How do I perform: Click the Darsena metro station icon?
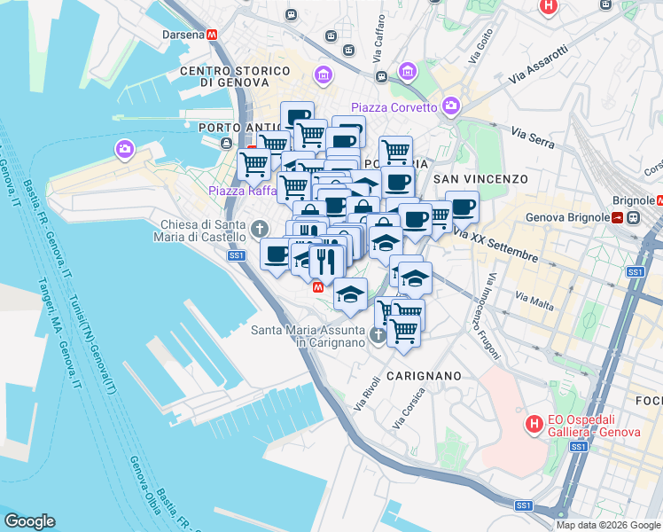coord(213,35)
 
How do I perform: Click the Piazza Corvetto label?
coord(394,107)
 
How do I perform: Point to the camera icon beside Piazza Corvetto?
coord(451,106)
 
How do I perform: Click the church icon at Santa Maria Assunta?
coord(378,335)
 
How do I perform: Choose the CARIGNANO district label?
coord(424,376)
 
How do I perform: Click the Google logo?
coord(29,521)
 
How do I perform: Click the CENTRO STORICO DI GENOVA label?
coord(233,76)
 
